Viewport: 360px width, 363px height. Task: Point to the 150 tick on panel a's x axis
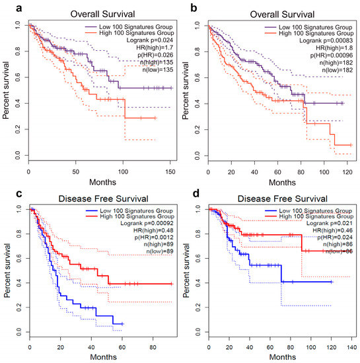tap(171, 164)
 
